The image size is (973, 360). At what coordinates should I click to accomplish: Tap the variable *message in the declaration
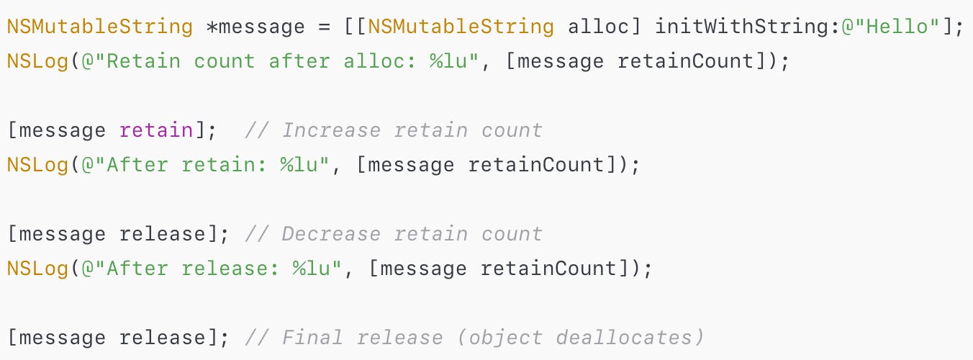tap(255, 27)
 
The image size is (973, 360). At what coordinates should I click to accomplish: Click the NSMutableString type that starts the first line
tap(100, 27)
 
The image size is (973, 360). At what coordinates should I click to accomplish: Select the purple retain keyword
tap(155, 130)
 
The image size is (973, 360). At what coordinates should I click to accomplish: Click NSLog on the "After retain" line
tap(38, 165)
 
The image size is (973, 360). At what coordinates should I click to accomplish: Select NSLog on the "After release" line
tap(38, 269)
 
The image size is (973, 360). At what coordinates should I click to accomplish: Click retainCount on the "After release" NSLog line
tap(548, 269)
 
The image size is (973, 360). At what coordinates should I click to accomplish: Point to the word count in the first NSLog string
tap(224, 61)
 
